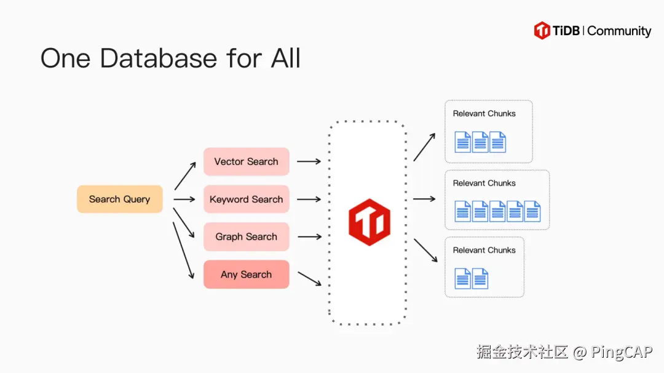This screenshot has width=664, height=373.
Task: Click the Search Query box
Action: click(119, 199)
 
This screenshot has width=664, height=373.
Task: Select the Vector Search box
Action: click(246, 161)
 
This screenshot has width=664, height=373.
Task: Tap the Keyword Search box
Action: click(246, 199)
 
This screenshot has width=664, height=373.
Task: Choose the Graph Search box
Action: click(246, 236)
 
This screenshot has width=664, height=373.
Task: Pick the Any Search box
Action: click(246, 275)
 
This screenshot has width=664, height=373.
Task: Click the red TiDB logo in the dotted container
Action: click(368, 221)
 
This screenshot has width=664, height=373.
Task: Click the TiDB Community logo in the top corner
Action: click(593, 31)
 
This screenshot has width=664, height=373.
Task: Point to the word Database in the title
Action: click(158, 58)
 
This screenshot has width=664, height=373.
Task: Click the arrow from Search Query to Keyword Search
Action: click(184, 199)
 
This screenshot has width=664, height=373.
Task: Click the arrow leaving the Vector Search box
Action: click(309, 161)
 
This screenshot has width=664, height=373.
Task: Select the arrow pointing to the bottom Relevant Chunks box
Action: click(425, 250)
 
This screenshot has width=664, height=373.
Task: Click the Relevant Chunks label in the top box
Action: click(484, 113)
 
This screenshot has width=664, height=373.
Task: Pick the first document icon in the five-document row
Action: click(463, 211)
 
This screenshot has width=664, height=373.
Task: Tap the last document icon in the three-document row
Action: click(497, 142)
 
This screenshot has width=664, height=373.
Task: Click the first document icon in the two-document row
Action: click(463, 278)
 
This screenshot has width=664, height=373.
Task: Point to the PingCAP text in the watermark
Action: click(622, 352)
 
